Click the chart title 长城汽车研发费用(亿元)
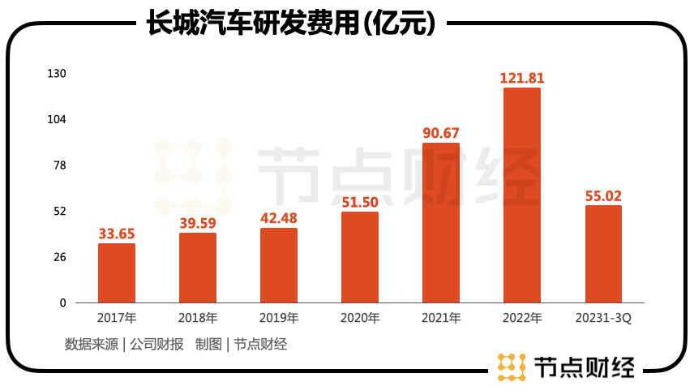pos(291,24)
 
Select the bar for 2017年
pos(117,273)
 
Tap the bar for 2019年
pos(279,265)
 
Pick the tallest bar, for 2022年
pos(522,195)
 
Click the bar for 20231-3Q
pos(603,254)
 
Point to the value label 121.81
pos(522,79)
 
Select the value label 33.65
pos(117,234)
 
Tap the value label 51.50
pos(360,202)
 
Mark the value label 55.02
pos(603,195)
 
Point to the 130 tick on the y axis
pos(56,74)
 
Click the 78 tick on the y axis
pos(59,165)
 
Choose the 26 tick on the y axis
pos(59,257)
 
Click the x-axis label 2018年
pos(198,318)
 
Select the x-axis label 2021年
pos(441,318)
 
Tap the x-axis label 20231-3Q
pos(603,318)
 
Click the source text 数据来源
pos(91,344)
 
